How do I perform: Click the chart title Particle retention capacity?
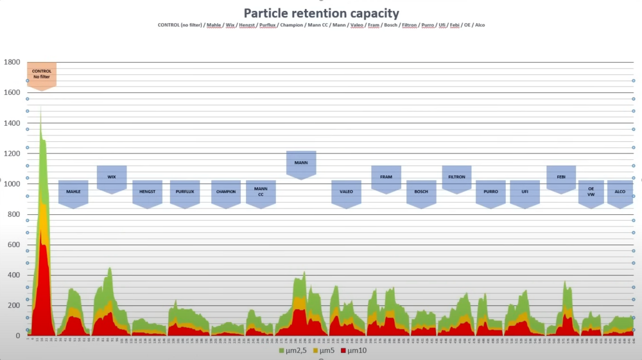[321, 13]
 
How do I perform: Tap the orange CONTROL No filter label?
[41, 74]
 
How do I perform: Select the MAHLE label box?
[73, 192]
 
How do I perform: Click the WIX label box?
[112, 177]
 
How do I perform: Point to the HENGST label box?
[147, 192]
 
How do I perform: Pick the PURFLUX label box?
[185, 192]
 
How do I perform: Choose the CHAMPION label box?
[226, 192]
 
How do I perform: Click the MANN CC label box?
[261, 192]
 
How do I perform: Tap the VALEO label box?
[346, 192]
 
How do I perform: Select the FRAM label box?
[386, 177]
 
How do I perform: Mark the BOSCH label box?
[421, 192]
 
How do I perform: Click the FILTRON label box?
[456, 177]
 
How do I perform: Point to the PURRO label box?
[490, 192]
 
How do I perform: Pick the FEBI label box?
[560, 177]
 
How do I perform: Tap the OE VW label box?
[591, 192]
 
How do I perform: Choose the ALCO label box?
[620, 192]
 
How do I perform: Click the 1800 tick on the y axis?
[12, 62]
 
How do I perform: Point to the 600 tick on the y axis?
[13, 244]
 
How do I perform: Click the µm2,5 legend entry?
[293, 350]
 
